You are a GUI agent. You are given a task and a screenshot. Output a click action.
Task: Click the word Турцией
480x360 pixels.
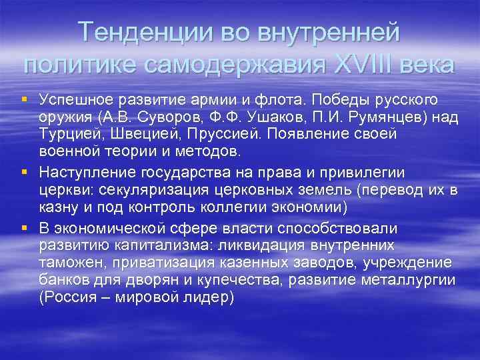click(67, 134)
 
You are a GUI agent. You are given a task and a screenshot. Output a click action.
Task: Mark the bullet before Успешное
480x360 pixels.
click(25, 99)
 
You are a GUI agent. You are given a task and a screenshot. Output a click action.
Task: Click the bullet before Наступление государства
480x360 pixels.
click(25, 172)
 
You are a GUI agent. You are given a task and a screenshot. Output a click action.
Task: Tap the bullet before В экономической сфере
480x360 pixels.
click(25, 227)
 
